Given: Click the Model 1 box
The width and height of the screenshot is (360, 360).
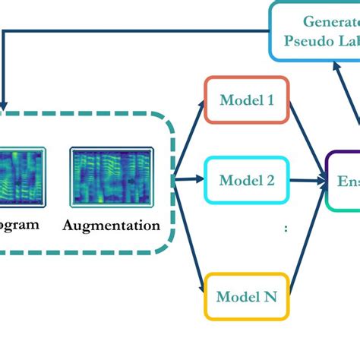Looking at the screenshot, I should (247, 99).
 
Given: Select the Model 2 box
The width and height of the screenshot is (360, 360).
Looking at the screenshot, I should (247, 180).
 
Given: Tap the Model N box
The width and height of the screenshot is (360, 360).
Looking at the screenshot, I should (247, 295).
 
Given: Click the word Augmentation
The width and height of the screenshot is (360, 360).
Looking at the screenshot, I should (112, 225).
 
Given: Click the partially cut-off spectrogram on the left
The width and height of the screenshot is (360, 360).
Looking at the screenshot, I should (23, 177).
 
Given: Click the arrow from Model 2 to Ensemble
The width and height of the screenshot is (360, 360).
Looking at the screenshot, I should (307, 181).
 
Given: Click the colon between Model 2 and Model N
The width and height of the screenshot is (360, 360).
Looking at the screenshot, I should (286, 227).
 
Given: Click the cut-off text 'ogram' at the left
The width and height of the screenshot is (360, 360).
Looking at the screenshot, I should (19, 225).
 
